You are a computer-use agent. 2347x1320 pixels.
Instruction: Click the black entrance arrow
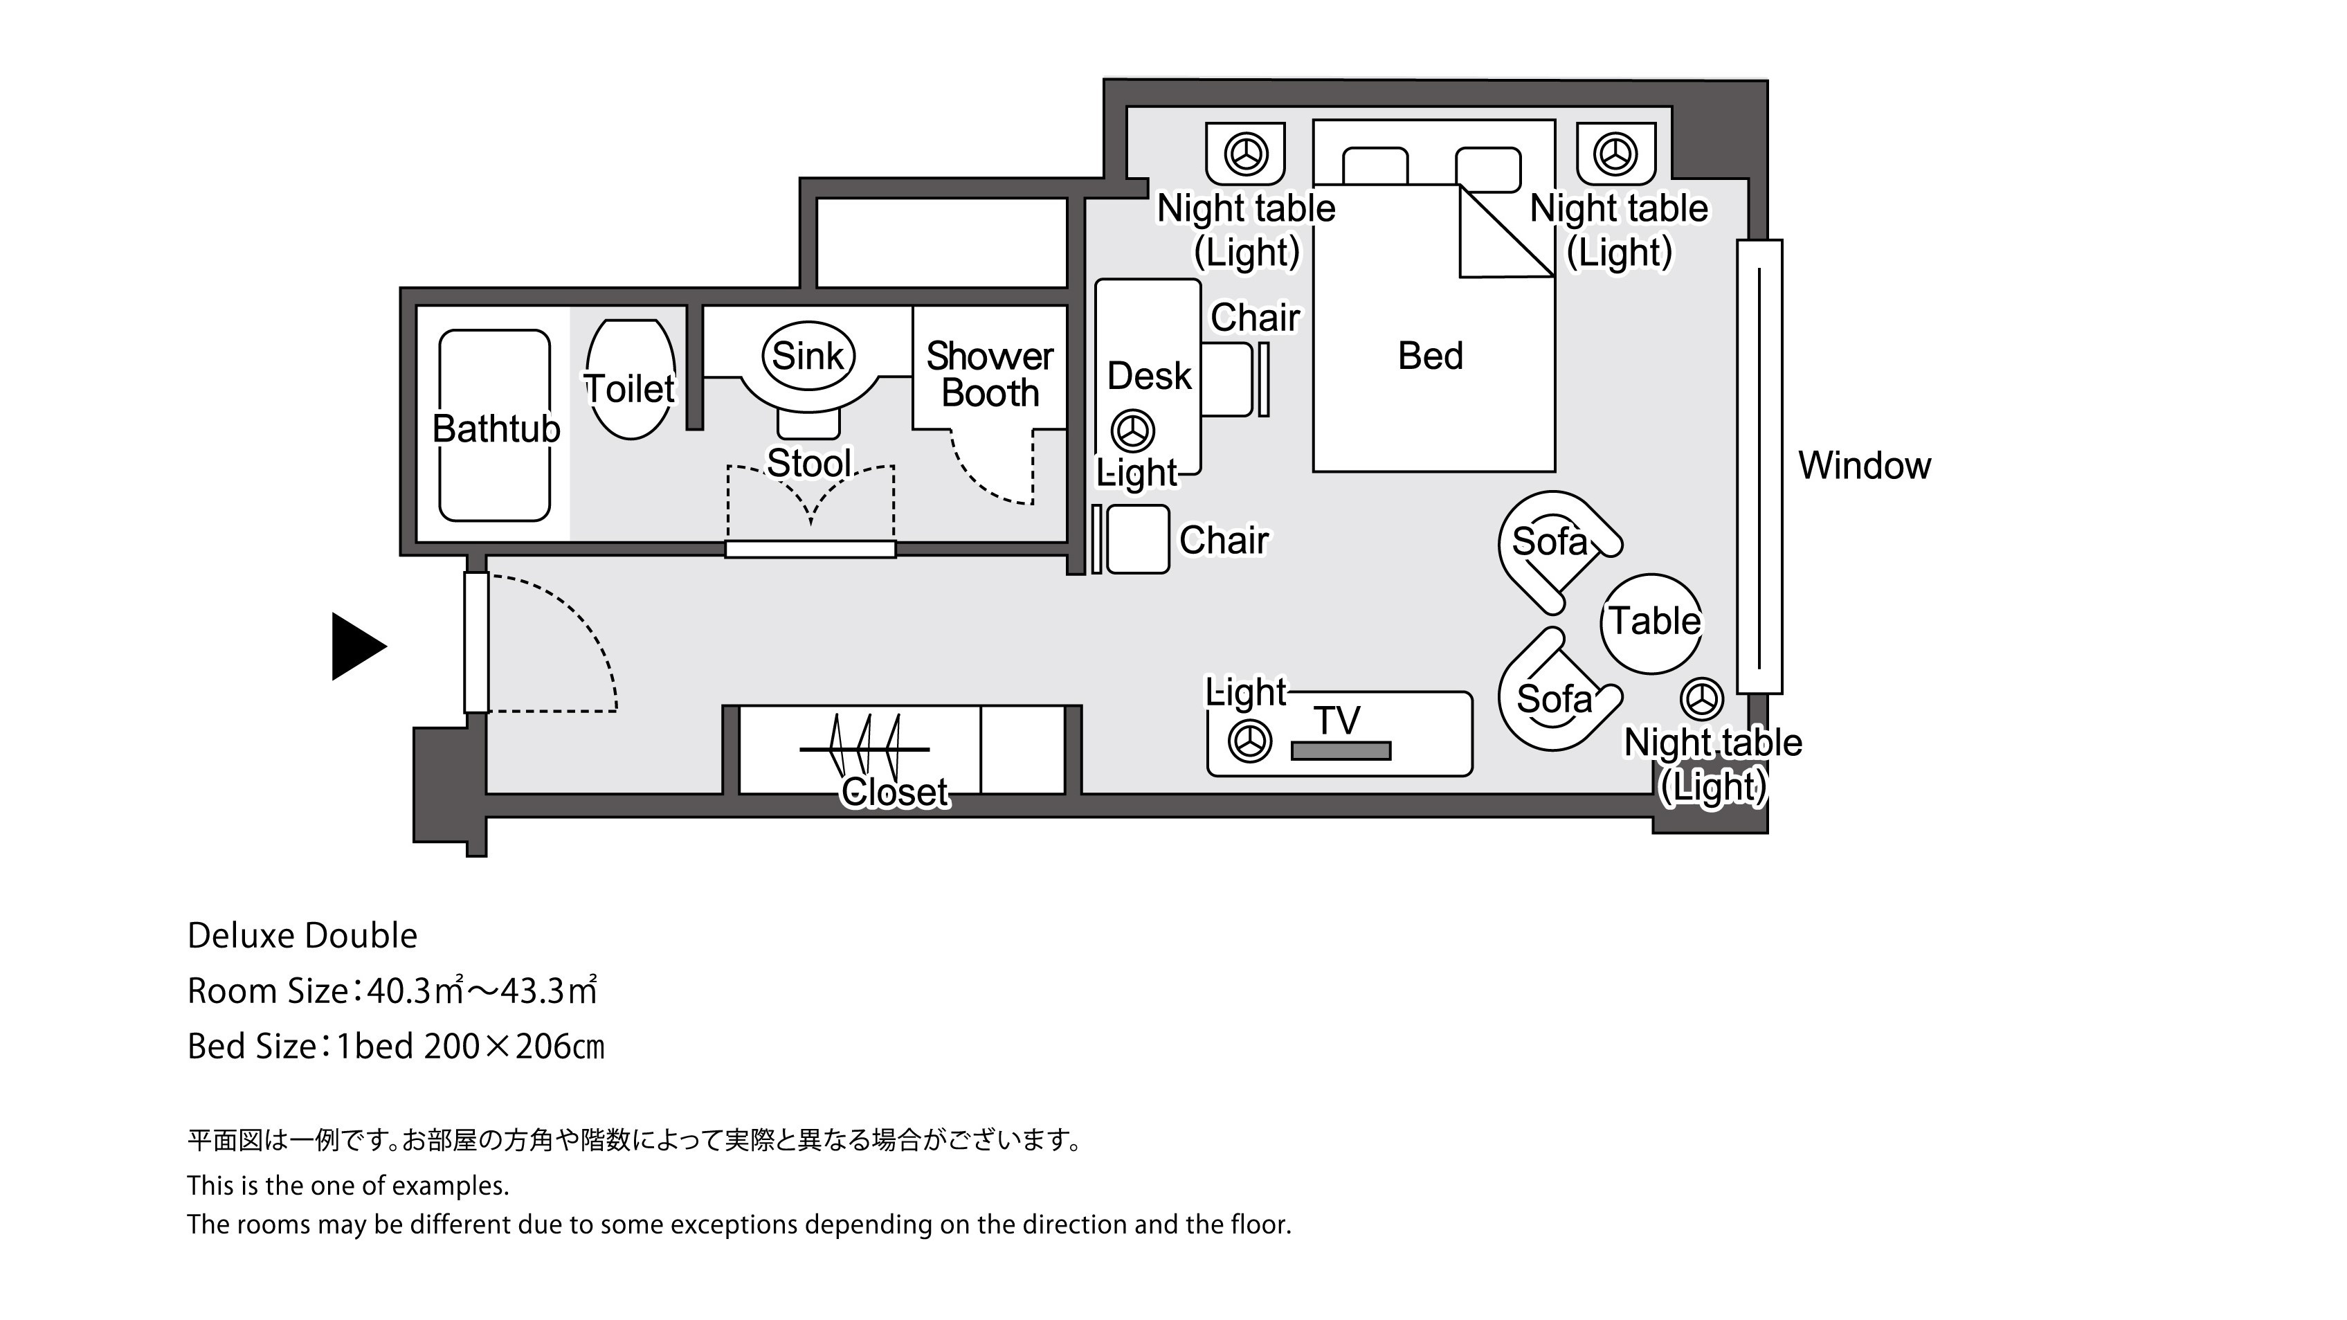tap(357, 646)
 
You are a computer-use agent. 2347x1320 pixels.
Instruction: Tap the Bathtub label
tap(496, 428)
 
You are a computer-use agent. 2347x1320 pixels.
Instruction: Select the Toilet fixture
tap(631, 379)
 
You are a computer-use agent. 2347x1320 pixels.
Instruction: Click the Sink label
tap(808, 355)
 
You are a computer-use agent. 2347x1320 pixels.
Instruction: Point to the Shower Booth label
tap(990, 374)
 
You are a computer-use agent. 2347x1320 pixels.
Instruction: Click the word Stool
tap(809, 464)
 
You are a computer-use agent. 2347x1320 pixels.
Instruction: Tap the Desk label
tap(1149, 375)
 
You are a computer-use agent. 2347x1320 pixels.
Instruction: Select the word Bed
tap(1431, 355)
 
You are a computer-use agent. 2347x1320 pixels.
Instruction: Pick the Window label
tap(1864, 466)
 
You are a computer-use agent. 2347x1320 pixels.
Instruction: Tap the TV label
tap(1337, 721)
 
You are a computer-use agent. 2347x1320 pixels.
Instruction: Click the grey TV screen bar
tap(1341, 750)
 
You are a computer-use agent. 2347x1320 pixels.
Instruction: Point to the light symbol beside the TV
tap(1250, 741)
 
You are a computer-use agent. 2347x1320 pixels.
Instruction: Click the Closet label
tap(895, 792)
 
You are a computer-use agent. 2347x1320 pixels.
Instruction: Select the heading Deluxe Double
tap(302, 936)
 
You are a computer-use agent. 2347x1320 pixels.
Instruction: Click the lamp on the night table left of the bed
tap(1245, 154)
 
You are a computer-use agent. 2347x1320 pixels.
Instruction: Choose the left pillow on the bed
tap(1375, 166)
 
